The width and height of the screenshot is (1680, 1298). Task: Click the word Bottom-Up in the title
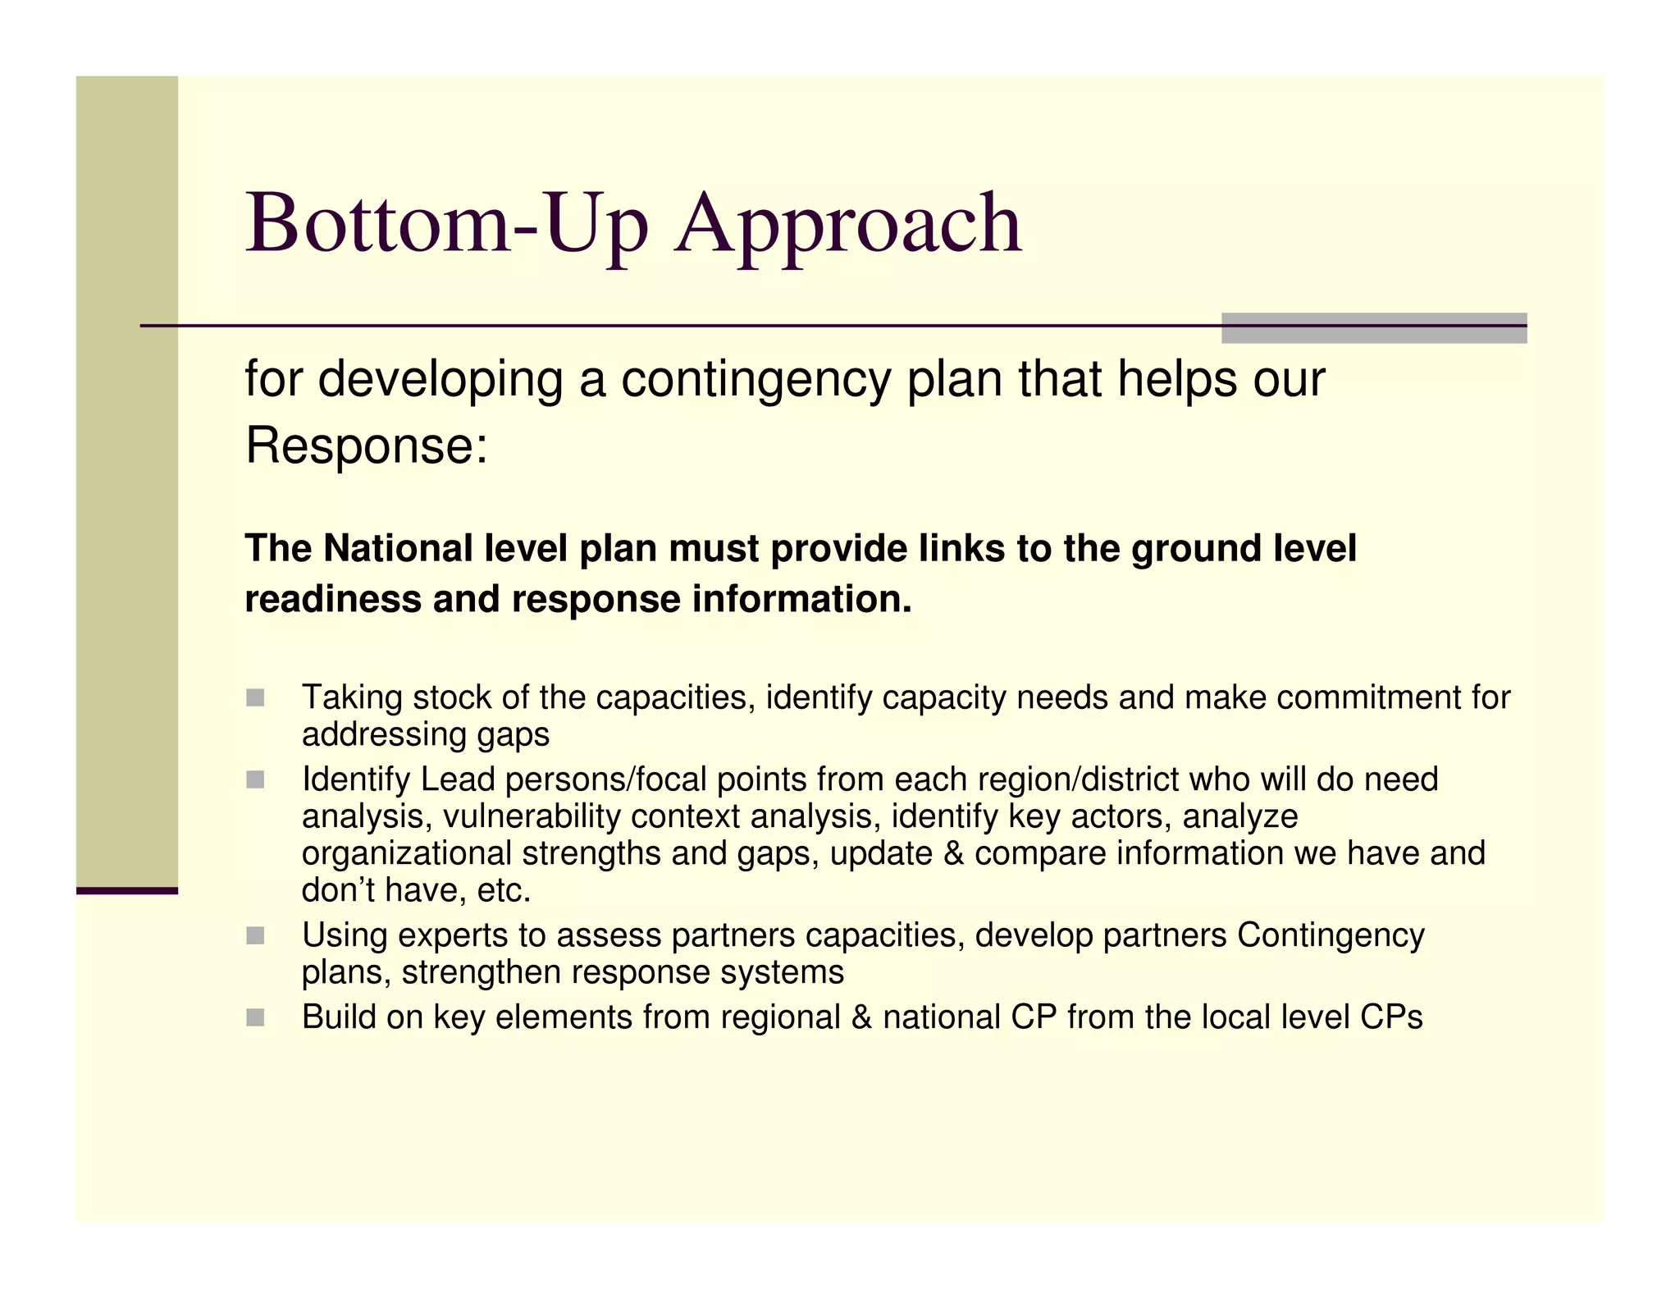pyautogui.click(x=447, y=223)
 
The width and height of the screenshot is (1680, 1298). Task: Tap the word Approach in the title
pyautogui.click(x=848, y=223)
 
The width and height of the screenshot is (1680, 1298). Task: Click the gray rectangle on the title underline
pyautogui.click(x=1373, y=327)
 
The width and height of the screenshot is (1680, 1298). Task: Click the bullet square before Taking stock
pyautogui.click(x=255, y=698)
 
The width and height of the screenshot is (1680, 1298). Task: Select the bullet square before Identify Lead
pyautogui.click(x=255, y=779)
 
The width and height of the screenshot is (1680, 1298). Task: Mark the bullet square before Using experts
pyautogui.click(x=255, y=935)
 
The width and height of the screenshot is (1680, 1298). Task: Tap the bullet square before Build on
pyautogui.click(x=255, y=1017)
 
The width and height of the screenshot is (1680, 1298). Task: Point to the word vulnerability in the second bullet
pyautogui.click(x=532, y=816)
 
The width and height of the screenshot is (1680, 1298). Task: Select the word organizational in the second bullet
pyautogui.click(x=407, y=853)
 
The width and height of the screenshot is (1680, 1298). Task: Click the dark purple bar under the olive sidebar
pyautogui.click(x=127, y=890)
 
